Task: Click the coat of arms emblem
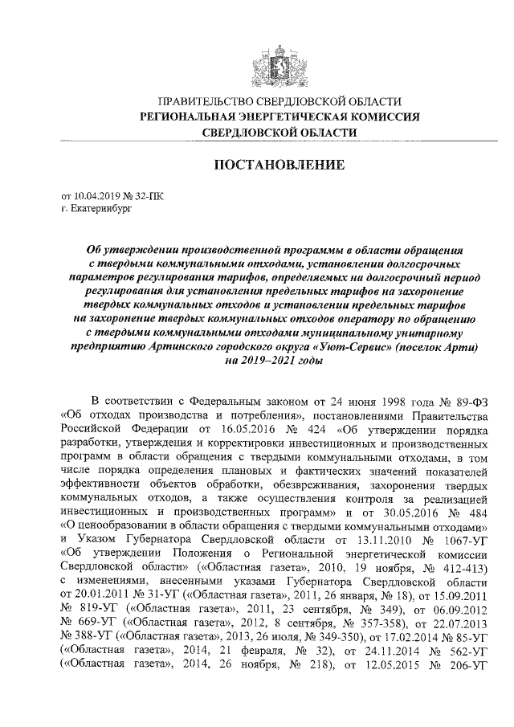278,58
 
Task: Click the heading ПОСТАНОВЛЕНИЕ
278,165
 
